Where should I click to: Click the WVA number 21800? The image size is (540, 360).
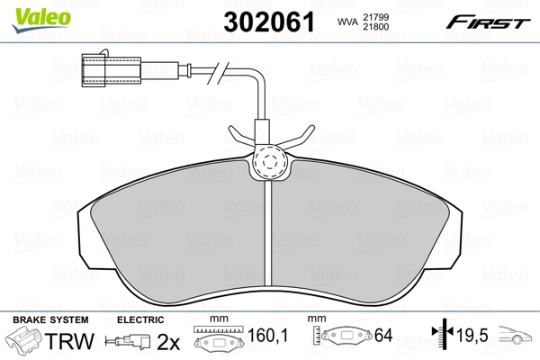[377, 27]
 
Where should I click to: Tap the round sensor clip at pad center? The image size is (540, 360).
[268, 162]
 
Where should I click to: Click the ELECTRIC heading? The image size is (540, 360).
[139, 319]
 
